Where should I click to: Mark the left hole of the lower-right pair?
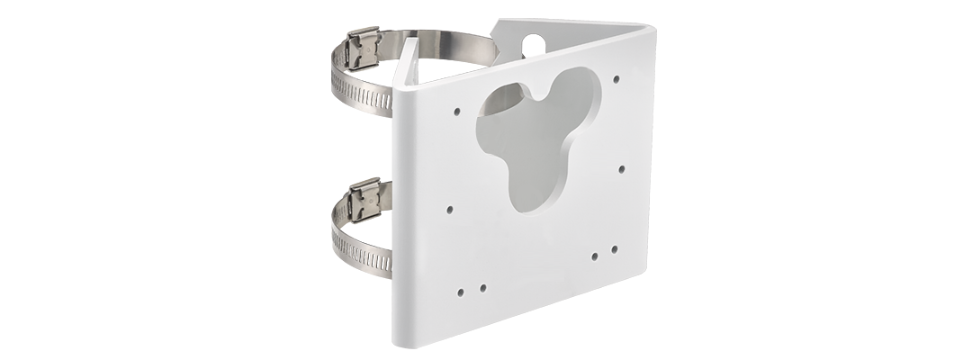[x=595, y=256]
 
